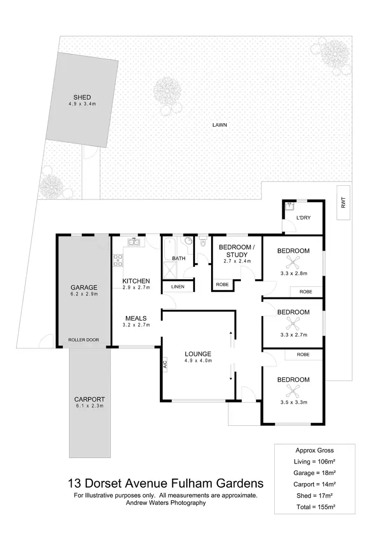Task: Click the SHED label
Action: point(82,98)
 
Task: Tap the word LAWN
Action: point(218,125)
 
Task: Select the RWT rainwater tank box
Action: point(343,203)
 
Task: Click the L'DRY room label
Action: point(302,217)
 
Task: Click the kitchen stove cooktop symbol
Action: point(118,260)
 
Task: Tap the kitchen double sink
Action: point(135,243)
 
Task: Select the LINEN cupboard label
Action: point(177,287)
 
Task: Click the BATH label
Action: point(179,259)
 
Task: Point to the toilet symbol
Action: point(203,243)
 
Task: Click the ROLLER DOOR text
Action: point(83,340)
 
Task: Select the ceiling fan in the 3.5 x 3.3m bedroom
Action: point(293,389)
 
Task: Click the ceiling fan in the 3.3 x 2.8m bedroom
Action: point(293,261)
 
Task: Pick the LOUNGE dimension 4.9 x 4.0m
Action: point(198,361)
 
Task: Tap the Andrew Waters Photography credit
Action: point(165,502)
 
